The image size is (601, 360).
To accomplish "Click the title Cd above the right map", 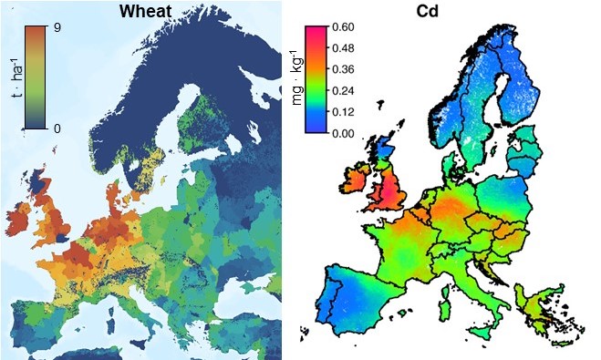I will (440, 12).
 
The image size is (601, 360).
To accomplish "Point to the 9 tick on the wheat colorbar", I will (57, 27).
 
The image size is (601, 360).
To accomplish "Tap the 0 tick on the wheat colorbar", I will (57, 128).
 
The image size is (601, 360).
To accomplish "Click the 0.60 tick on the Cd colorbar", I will (343, 27).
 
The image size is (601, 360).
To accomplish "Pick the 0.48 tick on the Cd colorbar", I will (343, 48).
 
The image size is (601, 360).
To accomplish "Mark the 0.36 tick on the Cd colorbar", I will (343, 69).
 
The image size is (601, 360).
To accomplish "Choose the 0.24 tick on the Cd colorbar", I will (343, 90).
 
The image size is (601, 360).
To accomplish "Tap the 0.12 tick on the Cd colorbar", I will (343, 111).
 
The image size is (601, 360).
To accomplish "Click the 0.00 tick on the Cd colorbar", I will (343, 132).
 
